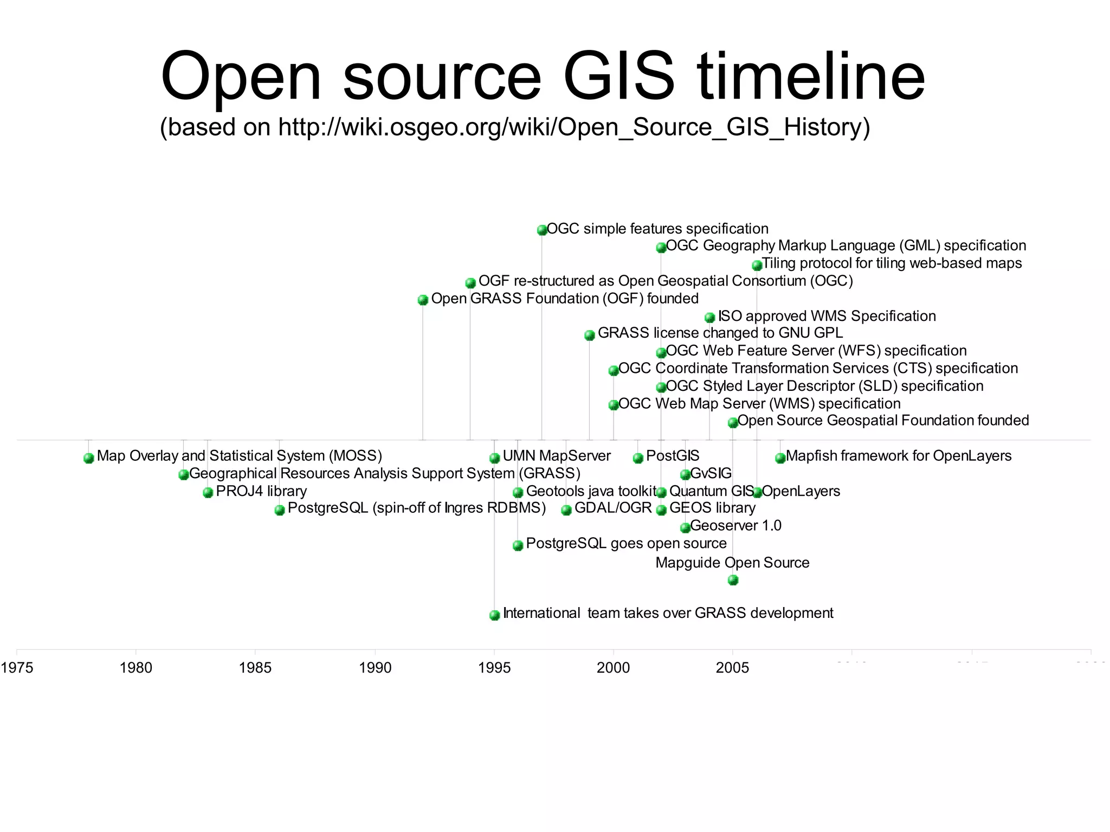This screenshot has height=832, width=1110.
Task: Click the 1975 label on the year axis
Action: pos(17,667)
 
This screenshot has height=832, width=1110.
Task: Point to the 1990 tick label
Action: pos(375,667)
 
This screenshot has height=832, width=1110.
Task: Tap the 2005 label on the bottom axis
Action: pos(732,667)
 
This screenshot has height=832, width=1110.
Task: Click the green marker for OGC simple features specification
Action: pos(541,230)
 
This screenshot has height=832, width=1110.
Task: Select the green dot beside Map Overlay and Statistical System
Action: pos(89,458)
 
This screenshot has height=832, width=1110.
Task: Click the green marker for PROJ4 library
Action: pos(208,493)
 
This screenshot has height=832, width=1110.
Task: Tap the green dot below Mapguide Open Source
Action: pos(733,580)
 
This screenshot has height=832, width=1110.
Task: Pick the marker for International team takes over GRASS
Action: pos(494,615)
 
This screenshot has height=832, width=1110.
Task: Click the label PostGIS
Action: pos(673,456)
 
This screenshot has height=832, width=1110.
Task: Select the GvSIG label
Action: pos(711,474)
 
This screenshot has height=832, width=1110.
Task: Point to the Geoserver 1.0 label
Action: pos(735,526)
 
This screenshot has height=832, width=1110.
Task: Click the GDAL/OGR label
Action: pos(613,508)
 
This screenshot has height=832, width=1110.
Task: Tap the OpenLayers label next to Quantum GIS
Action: pos(801,491)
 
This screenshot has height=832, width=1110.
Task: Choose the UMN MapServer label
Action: pos(557,456)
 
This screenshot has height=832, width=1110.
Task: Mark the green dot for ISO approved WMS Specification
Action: pos(709,318)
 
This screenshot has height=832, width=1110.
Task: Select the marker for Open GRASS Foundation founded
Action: pos(423,300)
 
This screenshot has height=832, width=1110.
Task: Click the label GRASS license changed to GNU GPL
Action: pos(720,333)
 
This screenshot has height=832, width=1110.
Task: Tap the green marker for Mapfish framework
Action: pos(780,458)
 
